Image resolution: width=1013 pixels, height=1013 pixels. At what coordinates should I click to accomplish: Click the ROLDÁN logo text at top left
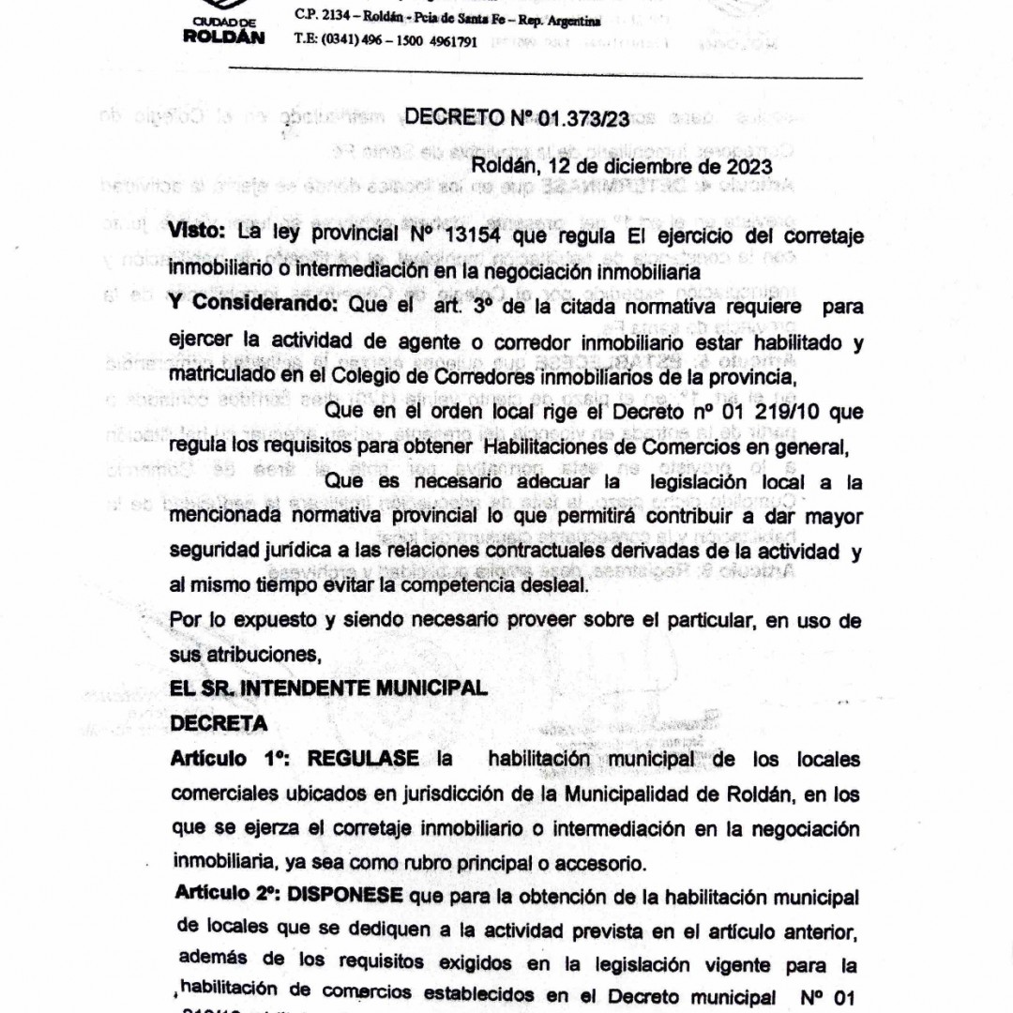[x=224, y=38]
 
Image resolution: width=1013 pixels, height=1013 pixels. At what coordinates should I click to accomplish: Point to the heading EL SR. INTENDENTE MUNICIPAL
[x=328, y=688]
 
